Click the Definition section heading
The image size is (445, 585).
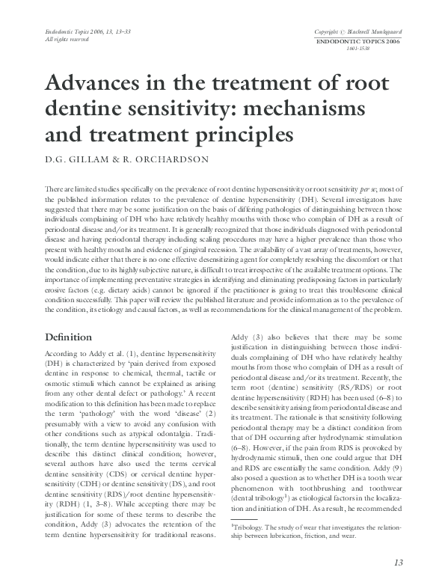(69, 337)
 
